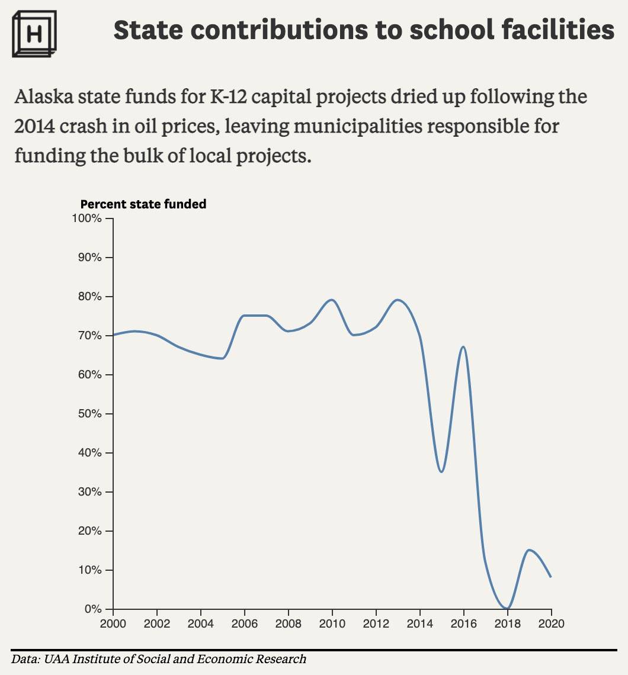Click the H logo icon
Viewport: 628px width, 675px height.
tap(34, 34)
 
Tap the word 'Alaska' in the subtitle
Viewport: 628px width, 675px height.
tap(44, 97)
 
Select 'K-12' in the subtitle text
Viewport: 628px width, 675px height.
tap(228, 97)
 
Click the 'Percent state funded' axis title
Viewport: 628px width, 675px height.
tap(143, 204)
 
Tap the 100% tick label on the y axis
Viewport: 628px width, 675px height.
tap(86, 218)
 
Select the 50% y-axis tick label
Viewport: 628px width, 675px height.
tap(89, 414)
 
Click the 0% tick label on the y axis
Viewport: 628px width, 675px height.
tap(93, 609)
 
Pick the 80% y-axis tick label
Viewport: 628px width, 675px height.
tap(89, 297)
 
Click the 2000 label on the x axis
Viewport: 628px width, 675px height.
tap(113, 623)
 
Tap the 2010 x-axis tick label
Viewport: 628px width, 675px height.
tap(332, 623)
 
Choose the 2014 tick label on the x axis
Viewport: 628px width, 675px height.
tap(420, 623)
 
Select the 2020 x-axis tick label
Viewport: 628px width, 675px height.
tap(552, 623)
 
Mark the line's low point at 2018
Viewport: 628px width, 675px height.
tap(507, 608)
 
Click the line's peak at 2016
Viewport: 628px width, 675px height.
tap(463, 347)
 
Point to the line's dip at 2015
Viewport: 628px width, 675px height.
tap(441, 472)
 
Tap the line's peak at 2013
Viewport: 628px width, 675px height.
tap(397, 300)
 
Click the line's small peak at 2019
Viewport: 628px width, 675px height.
tap(529, 550)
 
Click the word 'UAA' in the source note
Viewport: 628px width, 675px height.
tap(57, 659)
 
